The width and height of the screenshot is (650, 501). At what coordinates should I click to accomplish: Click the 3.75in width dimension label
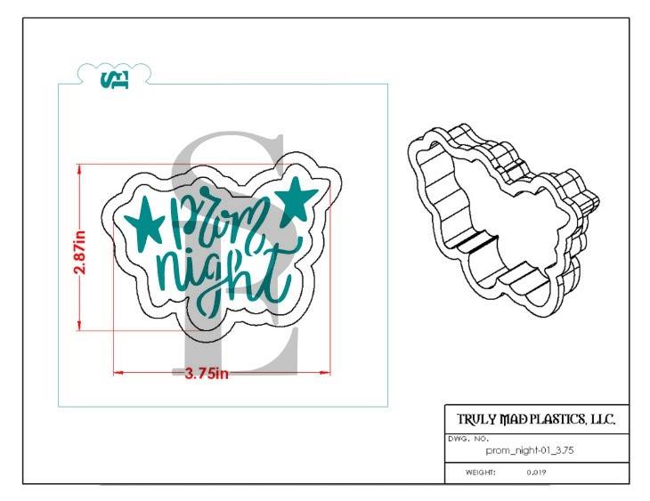207,374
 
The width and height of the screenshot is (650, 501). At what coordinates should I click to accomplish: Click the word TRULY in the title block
477,420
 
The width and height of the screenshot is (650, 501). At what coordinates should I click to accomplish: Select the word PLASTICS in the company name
555,420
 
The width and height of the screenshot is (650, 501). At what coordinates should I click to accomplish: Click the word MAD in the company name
515,420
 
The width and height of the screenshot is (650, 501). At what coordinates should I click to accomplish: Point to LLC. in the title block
603,420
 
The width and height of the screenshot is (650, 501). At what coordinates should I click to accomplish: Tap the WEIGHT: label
480,473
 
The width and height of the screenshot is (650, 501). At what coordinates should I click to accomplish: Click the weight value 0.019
536,473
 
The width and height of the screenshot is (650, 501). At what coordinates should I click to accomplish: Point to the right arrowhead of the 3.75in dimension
326,373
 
